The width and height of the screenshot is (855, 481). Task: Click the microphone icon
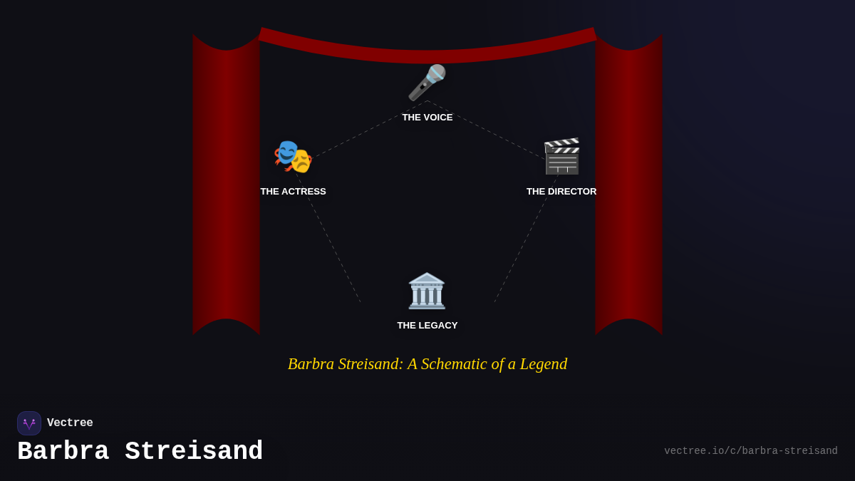pos(427,83)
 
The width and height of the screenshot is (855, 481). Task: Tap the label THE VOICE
pos(427,118)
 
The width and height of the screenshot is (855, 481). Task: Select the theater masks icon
pos(293,157)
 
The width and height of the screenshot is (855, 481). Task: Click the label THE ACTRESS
pos(293,192)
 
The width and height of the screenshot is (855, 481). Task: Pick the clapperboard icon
pos(561,156)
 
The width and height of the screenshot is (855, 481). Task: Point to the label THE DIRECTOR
pos(561,192)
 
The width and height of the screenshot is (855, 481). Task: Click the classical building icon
pos(427,291)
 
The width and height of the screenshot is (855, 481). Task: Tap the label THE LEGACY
pos(427,326)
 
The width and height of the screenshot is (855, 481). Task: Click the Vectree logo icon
pos(29,423)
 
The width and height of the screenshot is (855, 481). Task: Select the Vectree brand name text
pos(70,423)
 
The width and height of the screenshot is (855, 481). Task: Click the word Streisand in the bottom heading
pos(194,452)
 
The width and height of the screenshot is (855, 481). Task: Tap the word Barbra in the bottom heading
pos(63,452)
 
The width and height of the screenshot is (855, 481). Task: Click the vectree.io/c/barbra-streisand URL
pos(751,451)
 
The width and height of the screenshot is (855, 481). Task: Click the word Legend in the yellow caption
pos(544,364)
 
